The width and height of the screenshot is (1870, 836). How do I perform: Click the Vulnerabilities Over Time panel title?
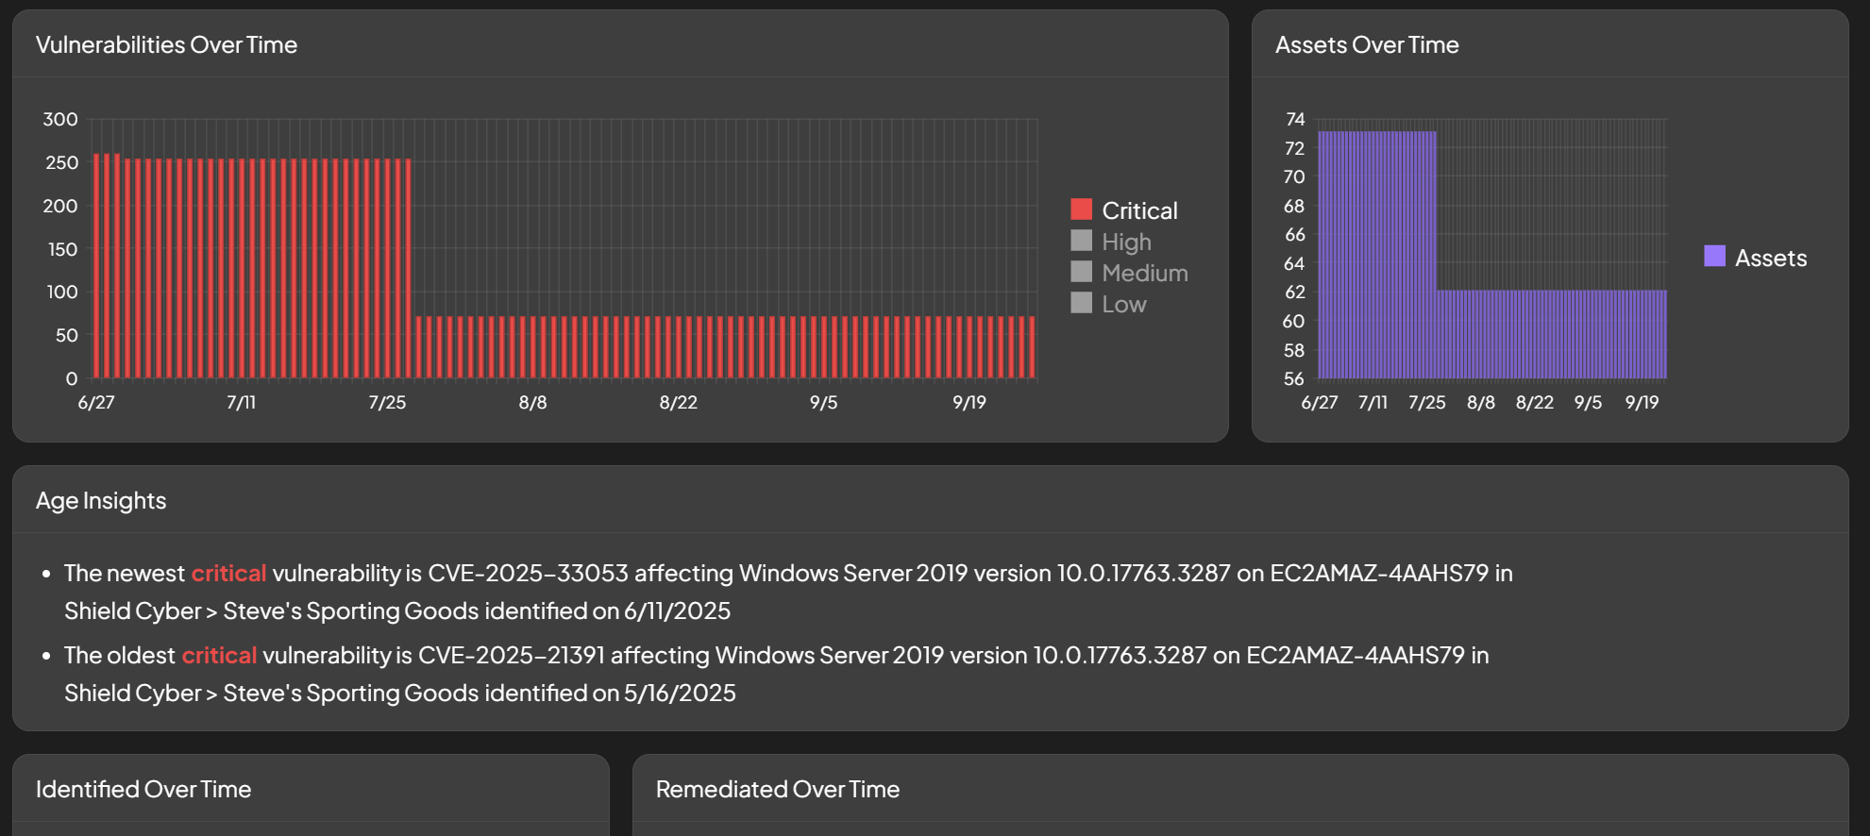pos(166,45)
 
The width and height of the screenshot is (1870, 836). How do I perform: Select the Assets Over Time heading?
pos(1366,45)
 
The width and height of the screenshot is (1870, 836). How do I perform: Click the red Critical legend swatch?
pos(1081,209)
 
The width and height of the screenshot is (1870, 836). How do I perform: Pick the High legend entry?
pos(1126,242)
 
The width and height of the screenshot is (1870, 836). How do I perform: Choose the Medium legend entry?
pos(1144,274)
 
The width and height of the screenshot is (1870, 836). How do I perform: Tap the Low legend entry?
pos(1123,305)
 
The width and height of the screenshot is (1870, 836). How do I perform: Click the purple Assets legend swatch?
pos(1714,257)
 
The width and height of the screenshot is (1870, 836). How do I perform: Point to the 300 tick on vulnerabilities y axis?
pos(60,120)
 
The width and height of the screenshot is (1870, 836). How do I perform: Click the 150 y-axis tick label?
pos(62,249)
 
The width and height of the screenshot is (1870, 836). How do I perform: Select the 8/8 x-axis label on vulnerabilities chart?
pos(532,403)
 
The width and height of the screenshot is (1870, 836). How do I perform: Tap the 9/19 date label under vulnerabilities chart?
pos(969,403)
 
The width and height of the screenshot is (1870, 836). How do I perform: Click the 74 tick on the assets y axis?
pos(1295,120)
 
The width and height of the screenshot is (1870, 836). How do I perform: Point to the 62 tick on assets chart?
pos(1295,293)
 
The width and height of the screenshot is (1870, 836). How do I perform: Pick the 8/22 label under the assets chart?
pos(1534,403)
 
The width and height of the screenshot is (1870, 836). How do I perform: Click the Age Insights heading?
pos(101,501)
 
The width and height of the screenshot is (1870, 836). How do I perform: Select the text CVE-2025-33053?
pos(528,574)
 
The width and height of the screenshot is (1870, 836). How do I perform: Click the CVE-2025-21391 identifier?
pos(511,656)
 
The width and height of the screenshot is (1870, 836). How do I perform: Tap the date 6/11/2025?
pos(677,611)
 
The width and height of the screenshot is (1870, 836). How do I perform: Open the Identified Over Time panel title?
pos(143,790)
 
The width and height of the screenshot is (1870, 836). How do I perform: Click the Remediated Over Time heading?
pos(777,790)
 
